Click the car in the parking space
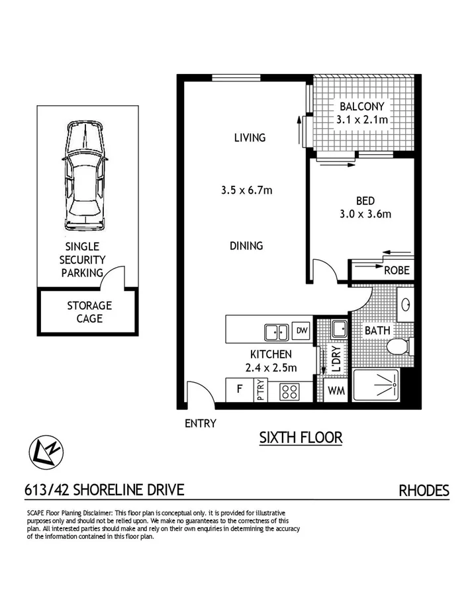[x=84, y=177]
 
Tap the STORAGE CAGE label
[x=89, y=312]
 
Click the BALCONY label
[x=361, y=106]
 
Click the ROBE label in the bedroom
[x=397, y=270]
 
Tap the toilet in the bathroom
[x=400, y=346]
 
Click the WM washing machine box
[x=336, y=391]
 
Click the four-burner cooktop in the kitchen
[x=289, y=391]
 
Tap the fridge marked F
[x=239, y=389]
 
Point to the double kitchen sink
[x=275, y=331]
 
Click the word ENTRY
[x=200, y=423]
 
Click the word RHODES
[x=424, y=491]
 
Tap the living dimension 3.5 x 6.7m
[x=248, y=190]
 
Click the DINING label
[x=246, y=245]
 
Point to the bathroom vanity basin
[x=406, y=304]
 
